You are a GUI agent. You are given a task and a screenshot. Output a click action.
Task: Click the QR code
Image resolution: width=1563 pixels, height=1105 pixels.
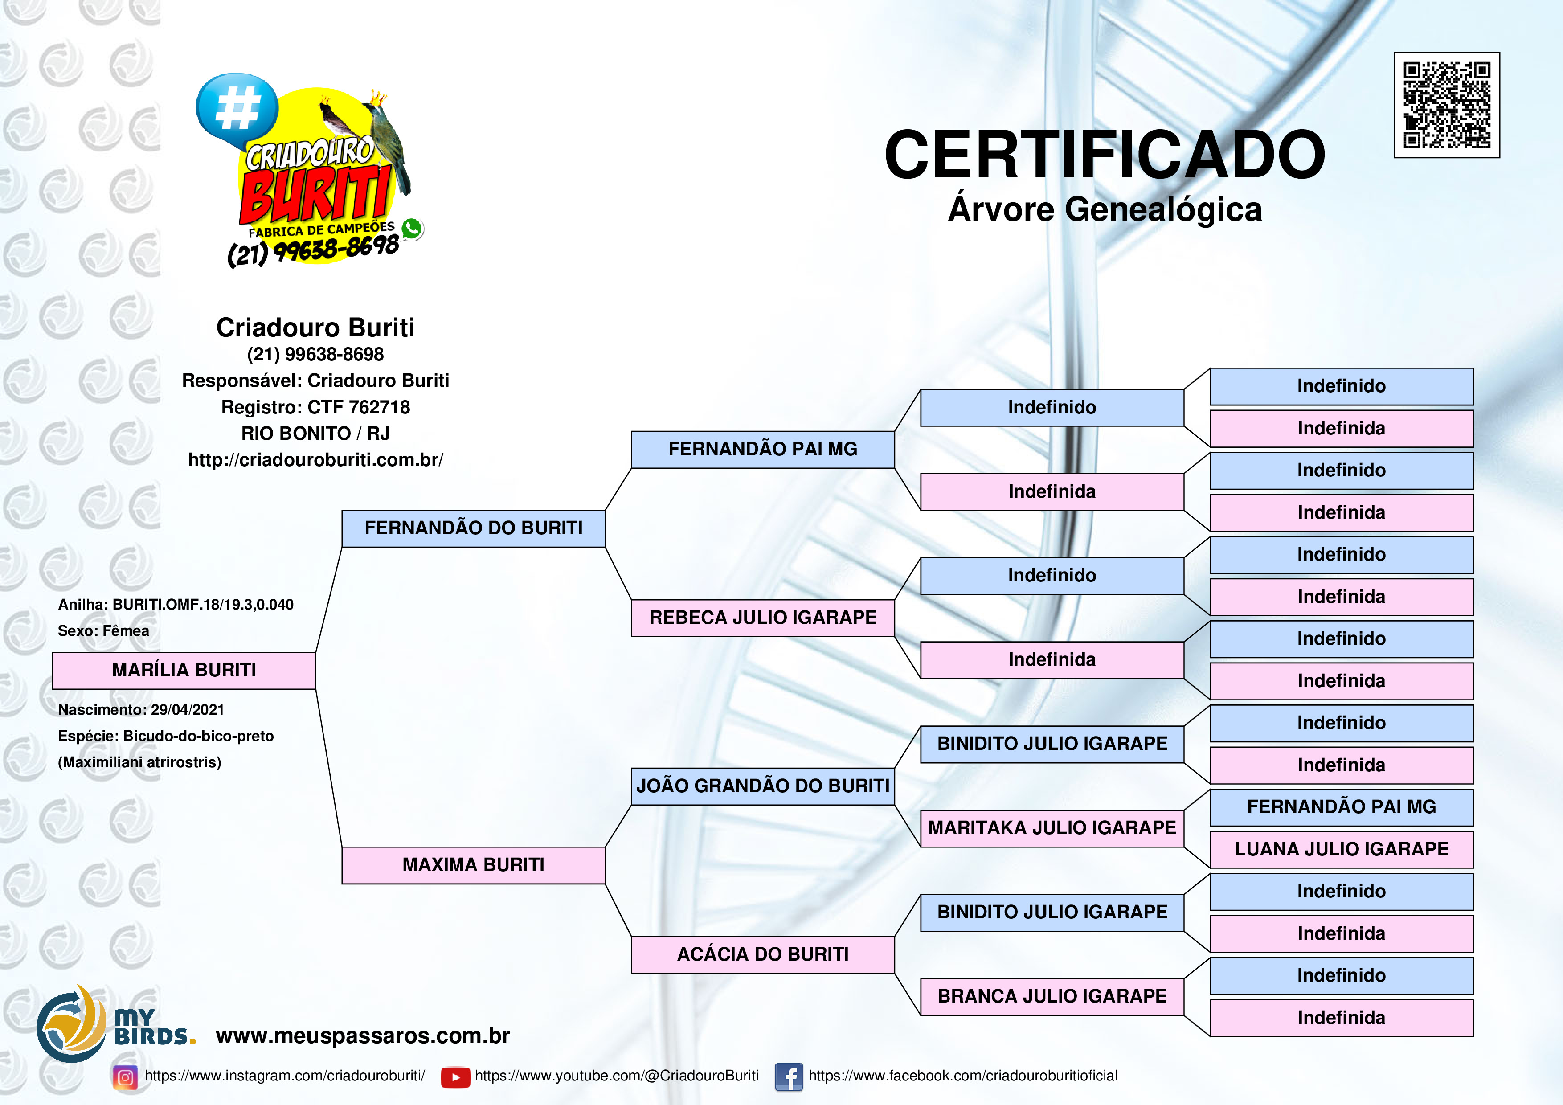pyautogui.click(x=1447, y=105)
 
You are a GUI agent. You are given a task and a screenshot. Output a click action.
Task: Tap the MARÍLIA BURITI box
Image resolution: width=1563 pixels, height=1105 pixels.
pyautogui.click(x=184, y=671)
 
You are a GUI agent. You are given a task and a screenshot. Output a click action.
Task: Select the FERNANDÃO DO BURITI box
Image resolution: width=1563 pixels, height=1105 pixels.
pyautogui.click(x=473, y=528)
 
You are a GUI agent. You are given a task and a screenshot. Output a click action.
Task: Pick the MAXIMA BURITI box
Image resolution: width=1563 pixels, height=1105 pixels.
pyautogui.click(x=473, y=865)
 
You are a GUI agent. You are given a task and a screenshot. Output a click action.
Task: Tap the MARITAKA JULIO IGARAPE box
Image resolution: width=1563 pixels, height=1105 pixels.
pyautogui.click(x=1052, y=829)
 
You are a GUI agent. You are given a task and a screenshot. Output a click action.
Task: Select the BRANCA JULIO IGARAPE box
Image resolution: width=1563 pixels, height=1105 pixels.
pyautogui.click(x=1052, y=997)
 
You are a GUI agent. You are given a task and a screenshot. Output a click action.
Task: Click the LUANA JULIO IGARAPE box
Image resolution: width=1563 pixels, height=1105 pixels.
pyautogui.click(x=1341, y=850)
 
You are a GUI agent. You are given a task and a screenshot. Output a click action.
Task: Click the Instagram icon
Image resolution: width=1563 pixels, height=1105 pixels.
pyautogui.click(x=125, y=1077)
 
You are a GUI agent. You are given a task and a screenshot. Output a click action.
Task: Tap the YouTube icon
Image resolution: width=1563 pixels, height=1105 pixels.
pyautogui.click(x=455, y=1077)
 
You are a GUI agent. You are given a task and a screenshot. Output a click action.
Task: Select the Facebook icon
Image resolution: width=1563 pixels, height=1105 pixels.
pyautogui.click(x=789, y=1077)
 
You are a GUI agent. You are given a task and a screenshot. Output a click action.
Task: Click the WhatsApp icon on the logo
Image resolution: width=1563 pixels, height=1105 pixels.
pyautogui.click(x=412, y=229)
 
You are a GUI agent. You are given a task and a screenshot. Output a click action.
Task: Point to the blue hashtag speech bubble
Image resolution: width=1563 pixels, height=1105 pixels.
pyautogui.click(x=237, y=110)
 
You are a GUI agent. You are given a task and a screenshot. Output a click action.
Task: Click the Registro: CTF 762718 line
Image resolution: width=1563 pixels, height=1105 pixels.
pyautogui.click(x=315, y=407)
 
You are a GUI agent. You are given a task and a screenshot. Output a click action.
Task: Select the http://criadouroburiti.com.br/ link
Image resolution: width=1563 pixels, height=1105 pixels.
pyautogui.click(x=315, y=460)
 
